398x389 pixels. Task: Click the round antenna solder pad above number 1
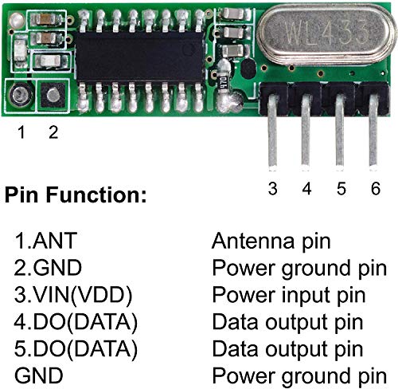(x=19, y=97)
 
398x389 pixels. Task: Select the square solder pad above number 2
(x=52, y=97)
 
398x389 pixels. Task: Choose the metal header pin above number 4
(x=306, y=139)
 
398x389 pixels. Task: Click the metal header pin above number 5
(x=340, y=139)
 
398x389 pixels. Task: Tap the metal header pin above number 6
(x=373, y=139)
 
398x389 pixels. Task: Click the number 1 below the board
(x=21, y=133)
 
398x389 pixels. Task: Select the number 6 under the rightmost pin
(x=374, y=189)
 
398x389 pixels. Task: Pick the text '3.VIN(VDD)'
(x=72, y=295)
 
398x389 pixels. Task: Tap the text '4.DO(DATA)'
(x=76, y=322)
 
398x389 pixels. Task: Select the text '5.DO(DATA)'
(x=76, y=349)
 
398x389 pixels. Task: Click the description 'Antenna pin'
(x=271, y=241)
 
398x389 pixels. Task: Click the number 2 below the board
(x=53, y=133)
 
